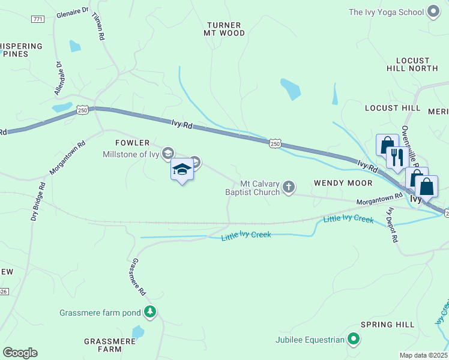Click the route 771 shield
tap(38, 19)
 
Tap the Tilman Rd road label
tap(99, 28)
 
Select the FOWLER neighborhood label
tap(133, 143)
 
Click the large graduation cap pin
tap(182, 170)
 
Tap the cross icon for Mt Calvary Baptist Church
tap(289, 188)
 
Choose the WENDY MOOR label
tap(343, 182)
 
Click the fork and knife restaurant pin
tap(397, 157)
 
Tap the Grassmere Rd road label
tap(139, 277)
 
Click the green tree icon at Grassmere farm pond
tap(150, 312)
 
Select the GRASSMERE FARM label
tap(110, 345)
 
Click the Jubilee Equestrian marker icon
tap(354, 340)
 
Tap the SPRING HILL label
tap(387, 325)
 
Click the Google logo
tap(20, 353)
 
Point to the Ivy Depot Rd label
tap(393, 224)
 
